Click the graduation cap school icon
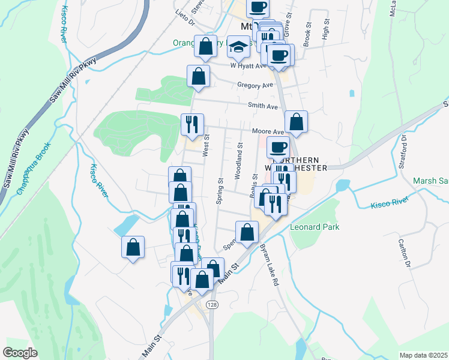point(239,46)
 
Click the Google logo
point(20,352)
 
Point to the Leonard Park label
point(315,227)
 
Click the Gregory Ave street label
point(255,86)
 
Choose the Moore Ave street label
point(268,131)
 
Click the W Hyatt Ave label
point(247,66)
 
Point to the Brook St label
point(307,35)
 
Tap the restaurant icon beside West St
point(193,124)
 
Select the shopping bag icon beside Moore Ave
point(297,121)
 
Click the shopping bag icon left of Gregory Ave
point(199,76)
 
